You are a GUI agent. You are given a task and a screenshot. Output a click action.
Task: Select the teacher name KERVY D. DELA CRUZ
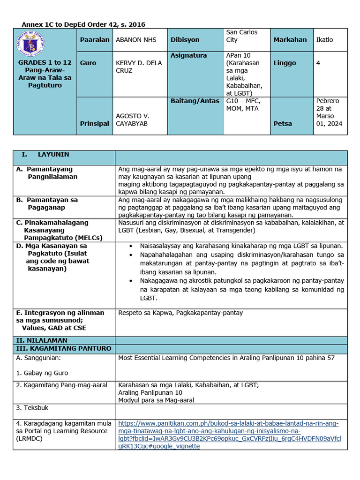(x=134, y=67)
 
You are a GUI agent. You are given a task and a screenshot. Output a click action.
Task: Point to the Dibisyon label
(x=185, y=40)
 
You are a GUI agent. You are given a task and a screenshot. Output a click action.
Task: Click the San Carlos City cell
(x=241, y=36)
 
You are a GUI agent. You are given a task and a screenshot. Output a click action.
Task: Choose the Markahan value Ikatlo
(x=324, y=40)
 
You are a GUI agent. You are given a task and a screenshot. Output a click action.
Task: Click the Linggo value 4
(x=318, y=63)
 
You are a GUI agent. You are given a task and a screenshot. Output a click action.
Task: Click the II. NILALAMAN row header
(x=42, y=340)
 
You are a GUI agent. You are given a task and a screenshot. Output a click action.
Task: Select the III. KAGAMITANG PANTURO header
(x=64, y=348)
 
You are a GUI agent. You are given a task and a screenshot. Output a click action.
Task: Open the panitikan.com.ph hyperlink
(x=229, y=431)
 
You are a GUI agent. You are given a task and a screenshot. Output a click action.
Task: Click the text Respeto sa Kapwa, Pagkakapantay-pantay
(x=180, y=313)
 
